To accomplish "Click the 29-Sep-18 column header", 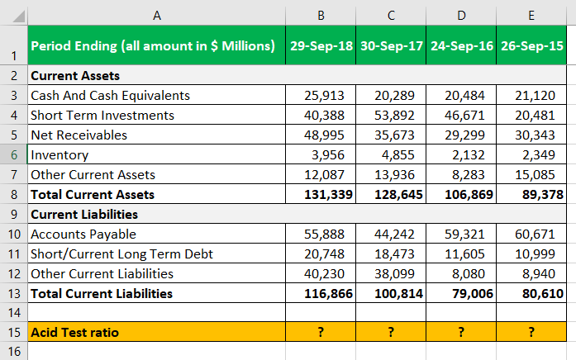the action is coord(321,46).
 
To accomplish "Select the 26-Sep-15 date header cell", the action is coord(531,46).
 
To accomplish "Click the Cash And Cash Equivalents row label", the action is coord(110,96).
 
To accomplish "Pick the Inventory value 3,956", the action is coord(328,155).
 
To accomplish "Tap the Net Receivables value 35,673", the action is coord(394,135).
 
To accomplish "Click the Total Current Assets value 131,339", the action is coord(328,195).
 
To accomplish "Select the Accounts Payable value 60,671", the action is coord(535,234).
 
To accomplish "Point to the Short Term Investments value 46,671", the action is coord(464,116).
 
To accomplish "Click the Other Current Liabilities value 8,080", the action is coord(469,274).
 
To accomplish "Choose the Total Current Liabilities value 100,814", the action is coord(398,294).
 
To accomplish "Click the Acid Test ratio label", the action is coord(75,332).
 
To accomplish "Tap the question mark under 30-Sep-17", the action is coord(391,332).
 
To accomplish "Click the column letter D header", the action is coord(461,16).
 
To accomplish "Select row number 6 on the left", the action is coord(14,155).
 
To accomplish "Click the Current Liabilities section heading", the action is coord(84,215).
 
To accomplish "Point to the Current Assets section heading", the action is coord(75,76).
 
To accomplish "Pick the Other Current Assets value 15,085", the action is coord(535,175).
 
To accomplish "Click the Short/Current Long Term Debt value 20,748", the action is coord(324,254).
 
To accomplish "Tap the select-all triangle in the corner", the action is coord(18,17).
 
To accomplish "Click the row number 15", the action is coord(14,332).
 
